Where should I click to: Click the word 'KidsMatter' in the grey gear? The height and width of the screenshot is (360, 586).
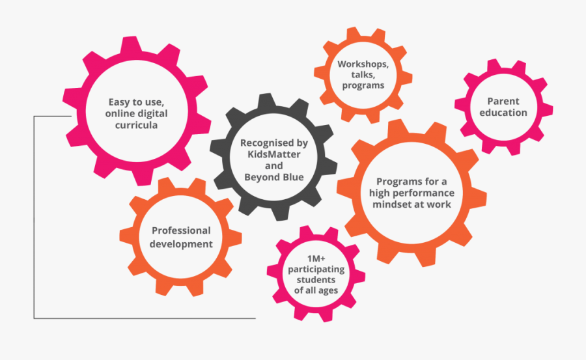(x=274, y=154)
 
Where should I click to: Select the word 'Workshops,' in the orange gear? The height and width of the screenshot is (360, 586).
(x=363, y=64)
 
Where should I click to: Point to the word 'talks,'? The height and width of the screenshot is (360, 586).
(x=363, y=75)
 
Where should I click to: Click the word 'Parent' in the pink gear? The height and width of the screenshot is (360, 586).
(x=503, y=102)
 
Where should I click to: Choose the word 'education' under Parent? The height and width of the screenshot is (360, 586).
(x=503, y=113)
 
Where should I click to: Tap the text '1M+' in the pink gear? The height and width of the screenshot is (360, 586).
(x=316, y=258)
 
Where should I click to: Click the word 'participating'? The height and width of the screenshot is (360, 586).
(x=316, y=270)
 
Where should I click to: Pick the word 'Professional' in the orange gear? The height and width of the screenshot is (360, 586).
(x=181, y=230)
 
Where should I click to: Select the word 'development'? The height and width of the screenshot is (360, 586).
(x=181, y=245)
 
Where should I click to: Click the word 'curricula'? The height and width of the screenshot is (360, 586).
(x=136, y=125)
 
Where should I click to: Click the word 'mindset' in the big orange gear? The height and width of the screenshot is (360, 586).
(x=390, y=204)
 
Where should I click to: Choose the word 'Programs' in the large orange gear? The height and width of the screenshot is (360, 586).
(x=396, y=182)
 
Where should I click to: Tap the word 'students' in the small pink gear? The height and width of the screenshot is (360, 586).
(x=316, y=280)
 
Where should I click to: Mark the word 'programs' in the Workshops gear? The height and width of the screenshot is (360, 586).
(x=363, y=86)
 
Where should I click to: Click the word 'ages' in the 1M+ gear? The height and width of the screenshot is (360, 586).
(x=329, y=291)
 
